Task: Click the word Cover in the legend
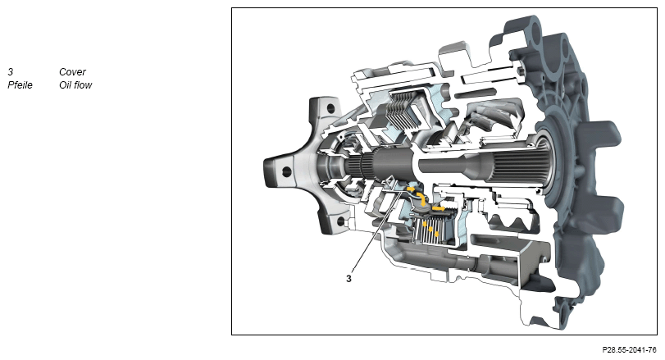click(72, 71)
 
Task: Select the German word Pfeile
click(20, 84)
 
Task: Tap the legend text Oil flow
click(75, 84)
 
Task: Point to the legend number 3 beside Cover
click(11, 71)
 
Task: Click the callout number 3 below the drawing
click(348, 279)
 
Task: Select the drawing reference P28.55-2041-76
click(629, 350)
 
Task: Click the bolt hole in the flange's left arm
click(287, 171)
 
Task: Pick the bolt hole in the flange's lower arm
click(340, 221)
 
